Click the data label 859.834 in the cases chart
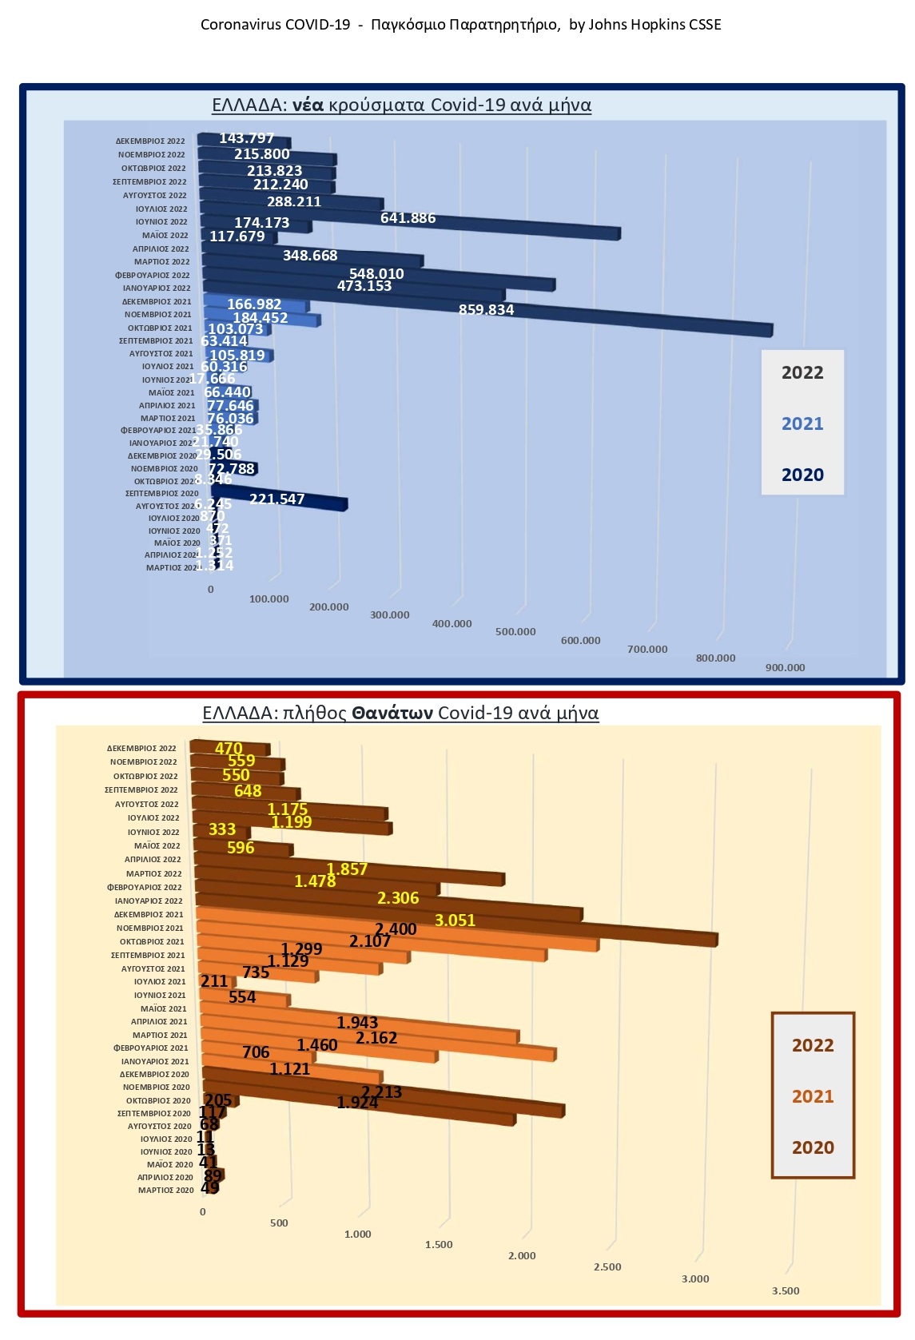point(486,310)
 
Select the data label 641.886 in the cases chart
point(408,218)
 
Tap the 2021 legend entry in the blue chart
point(802,423)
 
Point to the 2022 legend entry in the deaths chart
point(812,1045)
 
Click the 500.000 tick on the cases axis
point(515,632)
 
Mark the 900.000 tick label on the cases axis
point(785,668)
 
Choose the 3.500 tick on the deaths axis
point(785,1290)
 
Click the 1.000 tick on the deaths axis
point(357,1235)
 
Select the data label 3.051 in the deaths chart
point(455,921)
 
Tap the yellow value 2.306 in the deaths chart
point(398,898)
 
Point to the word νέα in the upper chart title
point(307,105)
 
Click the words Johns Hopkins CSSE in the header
point(654,25)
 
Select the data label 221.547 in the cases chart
point(276,499)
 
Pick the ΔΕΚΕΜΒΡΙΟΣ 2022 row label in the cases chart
point(150,141)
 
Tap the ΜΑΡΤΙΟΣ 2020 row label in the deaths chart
point(165,1191)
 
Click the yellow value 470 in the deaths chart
point(229,749)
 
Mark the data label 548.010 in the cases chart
point(376,274)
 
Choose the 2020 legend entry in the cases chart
point(802,475)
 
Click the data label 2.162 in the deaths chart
point(376,1038)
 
